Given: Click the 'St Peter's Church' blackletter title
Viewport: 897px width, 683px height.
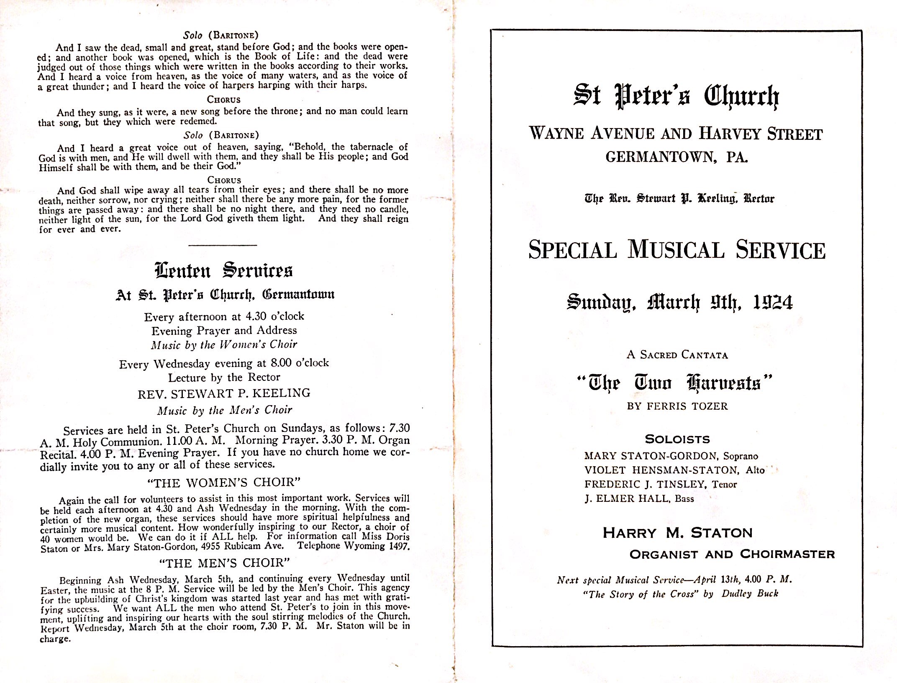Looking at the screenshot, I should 676,96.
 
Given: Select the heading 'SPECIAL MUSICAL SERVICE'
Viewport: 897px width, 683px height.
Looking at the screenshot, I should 677,250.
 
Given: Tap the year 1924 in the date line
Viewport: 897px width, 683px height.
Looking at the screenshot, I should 772,302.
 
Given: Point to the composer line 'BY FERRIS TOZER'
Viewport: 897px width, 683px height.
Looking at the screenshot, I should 677,406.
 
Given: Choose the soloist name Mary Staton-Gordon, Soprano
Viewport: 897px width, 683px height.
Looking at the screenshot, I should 671,456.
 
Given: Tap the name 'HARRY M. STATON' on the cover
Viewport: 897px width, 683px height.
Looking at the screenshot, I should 677,533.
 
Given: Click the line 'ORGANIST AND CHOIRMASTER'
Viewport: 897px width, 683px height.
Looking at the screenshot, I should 732,555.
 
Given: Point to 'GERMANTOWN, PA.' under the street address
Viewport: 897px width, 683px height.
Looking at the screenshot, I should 677,157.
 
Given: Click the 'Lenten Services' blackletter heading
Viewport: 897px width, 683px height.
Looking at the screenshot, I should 224,271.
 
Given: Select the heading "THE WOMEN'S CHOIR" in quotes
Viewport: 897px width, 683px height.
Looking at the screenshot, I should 224,483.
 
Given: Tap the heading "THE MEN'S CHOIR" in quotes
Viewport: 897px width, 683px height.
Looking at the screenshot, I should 224,563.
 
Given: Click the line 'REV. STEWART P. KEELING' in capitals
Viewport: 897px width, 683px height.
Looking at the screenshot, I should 224,393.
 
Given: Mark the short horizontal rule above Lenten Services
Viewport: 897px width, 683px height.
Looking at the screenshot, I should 223,245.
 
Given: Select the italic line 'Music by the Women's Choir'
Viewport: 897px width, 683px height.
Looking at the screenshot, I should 224,345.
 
